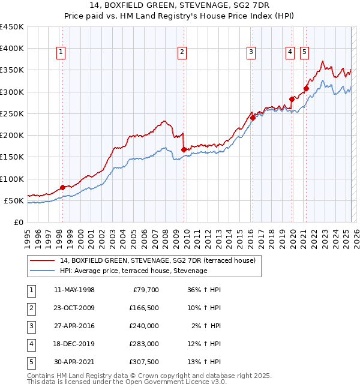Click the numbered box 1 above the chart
click(62, 53)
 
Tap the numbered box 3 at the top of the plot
click(251, 53)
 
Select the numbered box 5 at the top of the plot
click(305, 53)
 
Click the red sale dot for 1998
click(62, 188)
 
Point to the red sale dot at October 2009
click(184, 150)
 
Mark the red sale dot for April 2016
click(253, 118)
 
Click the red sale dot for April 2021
click(306, 88)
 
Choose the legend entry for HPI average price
click(133, 271)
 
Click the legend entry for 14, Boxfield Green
click(158, 260)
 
